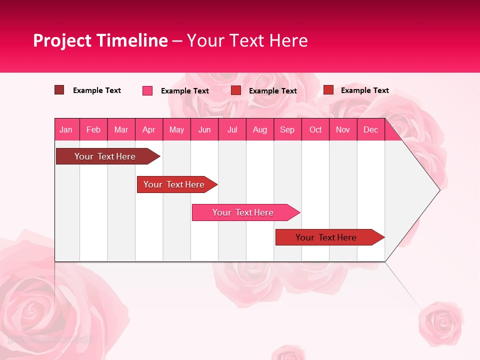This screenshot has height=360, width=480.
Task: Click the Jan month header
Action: click(x=66, y=129)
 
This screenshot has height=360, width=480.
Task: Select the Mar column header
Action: click(x=121, y=129)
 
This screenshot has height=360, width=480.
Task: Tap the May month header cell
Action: click(x=176, y=129)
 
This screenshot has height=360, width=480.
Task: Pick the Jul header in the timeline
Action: click(x=232, y=129)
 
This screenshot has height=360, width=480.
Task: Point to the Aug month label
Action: click(x=259, y=129)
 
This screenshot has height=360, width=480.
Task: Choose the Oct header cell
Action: click(x=315, y=129)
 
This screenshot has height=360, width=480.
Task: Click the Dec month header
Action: click(x=370, y=129)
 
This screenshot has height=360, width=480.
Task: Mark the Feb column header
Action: click(x=93, y=129)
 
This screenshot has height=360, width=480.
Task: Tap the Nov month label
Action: click(x=342, y=129)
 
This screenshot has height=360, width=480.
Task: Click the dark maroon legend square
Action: click(x=59, y=90)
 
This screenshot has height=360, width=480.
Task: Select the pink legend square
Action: click(x=147, y=90)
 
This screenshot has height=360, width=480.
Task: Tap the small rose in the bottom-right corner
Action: click(x=440, y=322)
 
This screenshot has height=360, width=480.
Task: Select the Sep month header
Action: click(x=287, y=129)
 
